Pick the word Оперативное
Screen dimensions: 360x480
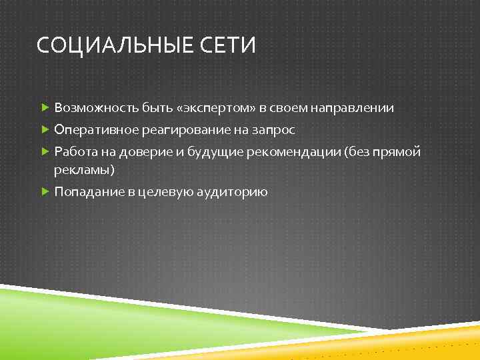point(95,129)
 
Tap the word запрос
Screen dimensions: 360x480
point(271,129)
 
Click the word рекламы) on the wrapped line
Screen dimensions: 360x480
point(85,170)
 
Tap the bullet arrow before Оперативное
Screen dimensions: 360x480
point(45,129)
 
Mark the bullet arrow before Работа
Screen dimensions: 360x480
point(45,151)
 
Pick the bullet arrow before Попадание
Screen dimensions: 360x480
point(45,192)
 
